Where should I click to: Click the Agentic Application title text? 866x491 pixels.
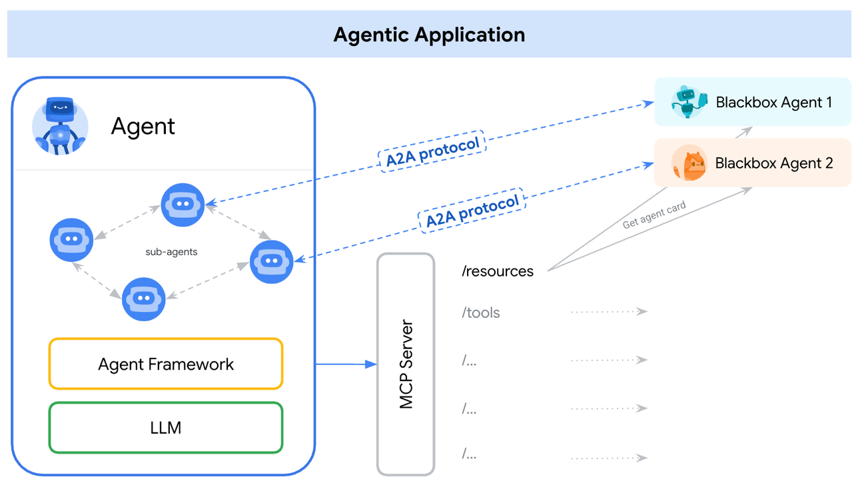pos(429,35)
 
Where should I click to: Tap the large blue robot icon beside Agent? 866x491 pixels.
pos(61,126)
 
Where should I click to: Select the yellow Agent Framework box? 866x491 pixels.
pos(166,364)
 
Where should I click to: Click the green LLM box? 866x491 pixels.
pos(166,428)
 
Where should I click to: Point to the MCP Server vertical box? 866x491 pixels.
pos(406,364)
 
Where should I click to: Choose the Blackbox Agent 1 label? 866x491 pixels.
pos(773,103)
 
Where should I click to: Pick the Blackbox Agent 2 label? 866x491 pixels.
pos(773,163)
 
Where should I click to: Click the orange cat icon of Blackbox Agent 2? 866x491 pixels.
pos(689,163)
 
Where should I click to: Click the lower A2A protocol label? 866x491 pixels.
pos(472,211)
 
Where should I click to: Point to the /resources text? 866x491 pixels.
pos(498,272)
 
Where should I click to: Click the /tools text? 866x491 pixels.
pos(480,312)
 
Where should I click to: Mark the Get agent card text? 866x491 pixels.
pos(653,215)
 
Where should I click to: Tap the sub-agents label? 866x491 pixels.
pos(171,252)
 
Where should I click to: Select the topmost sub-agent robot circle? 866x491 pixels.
pos(183,205)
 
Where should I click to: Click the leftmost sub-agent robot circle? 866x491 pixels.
pos(72,239)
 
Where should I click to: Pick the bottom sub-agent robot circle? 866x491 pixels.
pos(144,299)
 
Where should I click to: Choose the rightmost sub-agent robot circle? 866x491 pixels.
pos(271,262)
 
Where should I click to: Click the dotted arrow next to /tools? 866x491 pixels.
pos(609,311)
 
